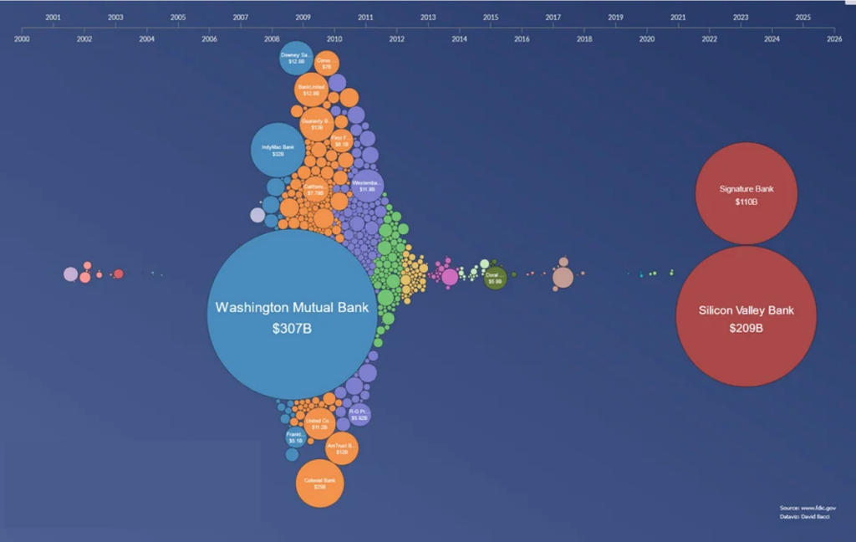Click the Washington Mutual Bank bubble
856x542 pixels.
point(292,314)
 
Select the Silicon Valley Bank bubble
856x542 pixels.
point(746,316)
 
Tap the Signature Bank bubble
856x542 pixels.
point(746,193)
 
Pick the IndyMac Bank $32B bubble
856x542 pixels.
point(278,151)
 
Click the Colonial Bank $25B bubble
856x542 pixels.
point(319,483)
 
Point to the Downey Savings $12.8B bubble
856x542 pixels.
point(296,58)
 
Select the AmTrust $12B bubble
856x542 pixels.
point(341,448)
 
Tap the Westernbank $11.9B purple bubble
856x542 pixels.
point(367,185)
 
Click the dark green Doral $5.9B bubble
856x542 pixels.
point(495,278)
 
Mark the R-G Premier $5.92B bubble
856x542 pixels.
point(359,413)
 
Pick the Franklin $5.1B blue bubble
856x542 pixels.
point(295,437)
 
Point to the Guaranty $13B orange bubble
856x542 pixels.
point(317,124)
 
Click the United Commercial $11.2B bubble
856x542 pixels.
point(319,423)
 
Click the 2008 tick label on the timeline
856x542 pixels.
point(272,38)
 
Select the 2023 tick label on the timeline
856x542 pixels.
point(741,17)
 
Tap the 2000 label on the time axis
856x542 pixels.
point(22,38)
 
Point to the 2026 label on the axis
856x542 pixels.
point(833,38)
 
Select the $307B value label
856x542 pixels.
point(292,329)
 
